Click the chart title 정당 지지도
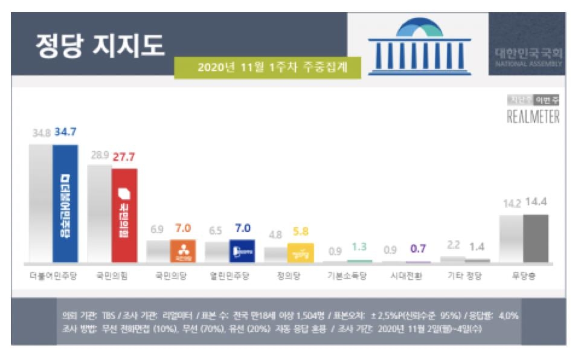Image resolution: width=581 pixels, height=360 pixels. tap(100, 46)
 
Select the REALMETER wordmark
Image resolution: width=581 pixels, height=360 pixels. tap(533, 117)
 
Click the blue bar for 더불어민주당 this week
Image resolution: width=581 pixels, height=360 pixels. tap(65, 203)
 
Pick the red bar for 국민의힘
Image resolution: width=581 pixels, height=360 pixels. tap(124, 215)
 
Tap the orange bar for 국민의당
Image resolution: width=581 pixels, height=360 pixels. tap(182, 251)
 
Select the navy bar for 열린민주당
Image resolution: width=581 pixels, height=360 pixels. tap(242, 251)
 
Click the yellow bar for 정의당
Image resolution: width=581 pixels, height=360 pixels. tap(301, 252)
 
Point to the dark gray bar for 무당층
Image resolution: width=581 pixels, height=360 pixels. tap(536, 238)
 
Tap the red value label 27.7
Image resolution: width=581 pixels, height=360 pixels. tap(124, 158)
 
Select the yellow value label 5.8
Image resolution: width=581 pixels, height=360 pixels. tap(300, 231)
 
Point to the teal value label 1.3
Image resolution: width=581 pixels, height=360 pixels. tap(359, 247)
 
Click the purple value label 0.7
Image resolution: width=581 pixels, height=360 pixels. tap(418, 249)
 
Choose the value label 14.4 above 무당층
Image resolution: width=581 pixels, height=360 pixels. tap(536, 204)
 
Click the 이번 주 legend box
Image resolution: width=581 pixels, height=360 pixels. tap(548, 101)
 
